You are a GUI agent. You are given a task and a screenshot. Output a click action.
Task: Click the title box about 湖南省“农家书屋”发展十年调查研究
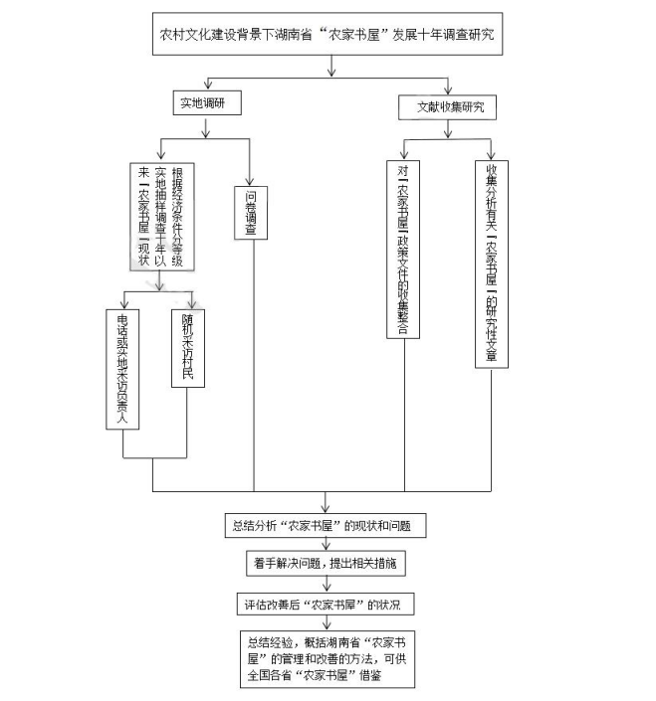pyautogui.click(x=328, y=36)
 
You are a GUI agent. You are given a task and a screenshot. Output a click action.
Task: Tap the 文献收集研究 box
pyautogui.click(x=448, y=106)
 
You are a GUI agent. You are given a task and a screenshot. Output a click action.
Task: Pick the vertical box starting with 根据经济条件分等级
pyautogui.click(x=161, y=216)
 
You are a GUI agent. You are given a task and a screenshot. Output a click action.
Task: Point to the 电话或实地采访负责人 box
pyautogui.click(x=122, y=368)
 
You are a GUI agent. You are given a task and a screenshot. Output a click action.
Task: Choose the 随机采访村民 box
pyautogui.click(x=186, y=349)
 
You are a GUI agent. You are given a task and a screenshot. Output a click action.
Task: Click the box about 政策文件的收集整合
pyautogui.click(x=402, y=249)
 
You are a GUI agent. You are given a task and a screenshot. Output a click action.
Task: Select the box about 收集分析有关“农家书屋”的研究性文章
pyautogui.click(x=492, y=264)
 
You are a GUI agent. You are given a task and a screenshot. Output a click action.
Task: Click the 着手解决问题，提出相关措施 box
pyautogui.click(x=328, y=563)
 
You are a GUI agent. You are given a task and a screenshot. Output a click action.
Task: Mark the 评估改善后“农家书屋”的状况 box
pyautogui.click(x=328, y=604)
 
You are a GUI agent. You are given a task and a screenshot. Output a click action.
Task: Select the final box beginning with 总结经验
pyautogui.click(x=328, y=657)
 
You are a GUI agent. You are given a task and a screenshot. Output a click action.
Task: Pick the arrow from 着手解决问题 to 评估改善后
pyautogui.click(x=328, y=584)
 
